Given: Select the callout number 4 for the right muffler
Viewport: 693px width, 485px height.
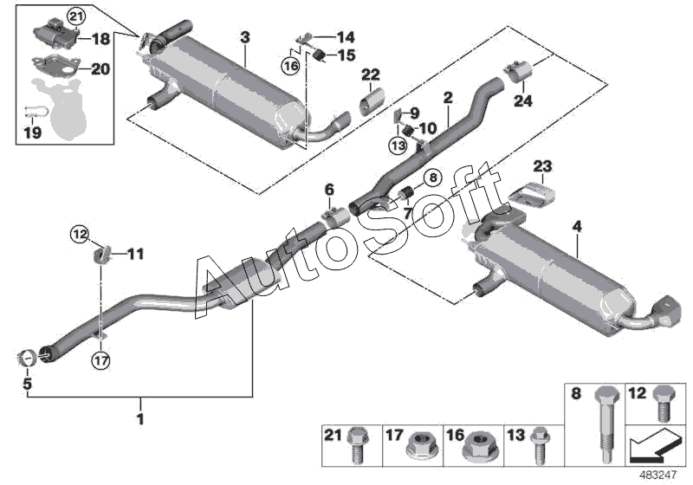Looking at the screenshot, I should [577, 228].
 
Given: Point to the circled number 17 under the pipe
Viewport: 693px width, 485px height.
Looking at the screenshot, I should [101, 359].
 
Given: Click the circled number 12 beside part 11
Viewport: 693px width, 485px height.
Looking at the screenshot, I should [80, 234].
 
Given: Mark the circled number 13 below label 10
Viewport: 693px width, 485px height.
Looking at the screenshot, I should [398, 145].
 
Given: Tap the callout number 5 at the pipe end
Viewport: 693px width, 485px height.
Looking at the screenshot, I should [27, 382].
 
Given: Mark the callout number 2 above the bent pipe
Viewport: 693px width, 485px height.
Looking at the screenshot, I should [448, 99].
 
